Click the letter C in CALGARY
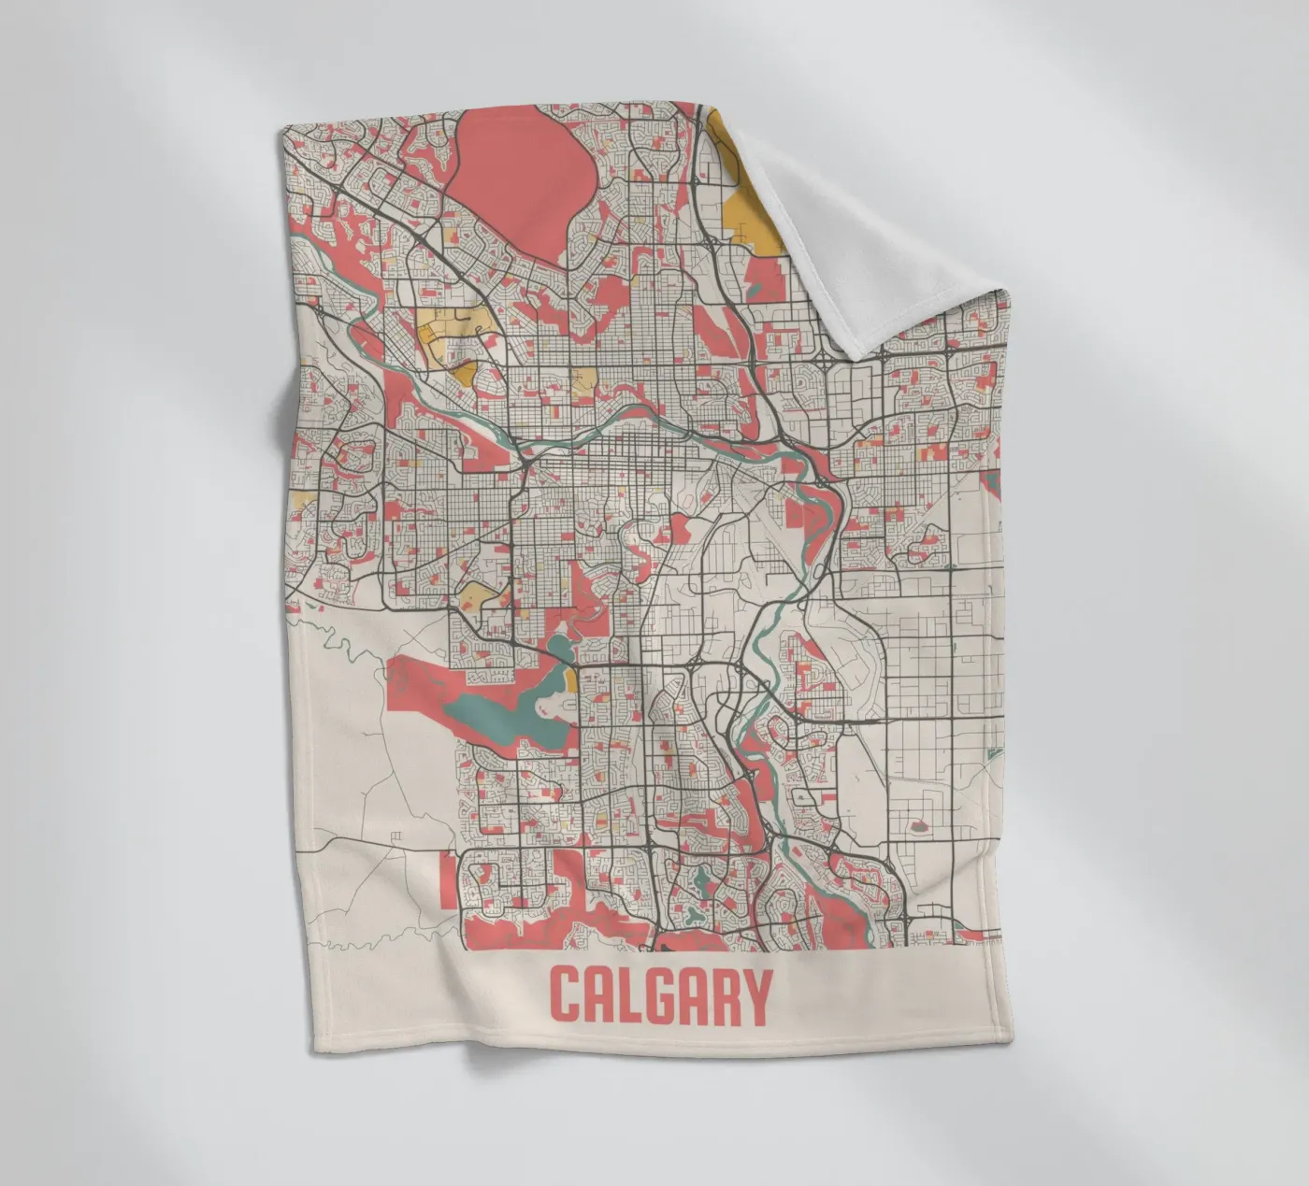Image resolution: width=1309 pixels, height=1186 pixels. coord(566,996)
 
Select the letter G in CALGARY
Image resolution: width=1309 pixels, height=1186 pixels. coord(658,996)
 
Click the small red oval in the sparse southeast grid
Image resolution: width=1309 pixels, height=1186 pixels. coord(917,826)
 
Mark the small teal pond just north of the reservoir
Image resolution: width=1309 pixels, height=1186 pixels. coord(561,646)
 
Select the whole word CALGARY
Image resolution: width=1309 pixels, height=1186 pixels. coord(660,996)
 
